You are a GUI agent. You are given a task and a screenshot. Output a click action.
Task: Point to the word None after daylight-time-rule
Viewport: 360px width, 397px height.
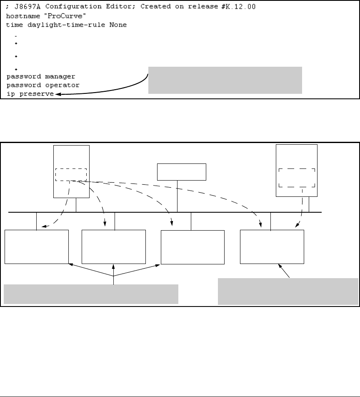point(118,25)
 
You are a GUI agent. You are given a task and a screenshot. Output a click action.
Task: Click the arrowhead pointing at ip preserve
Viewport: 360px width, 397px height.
point(57,95)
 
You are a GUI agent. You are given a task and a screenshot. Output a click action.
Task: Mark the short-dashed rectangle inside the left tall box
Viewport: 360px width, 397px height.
point(71,174)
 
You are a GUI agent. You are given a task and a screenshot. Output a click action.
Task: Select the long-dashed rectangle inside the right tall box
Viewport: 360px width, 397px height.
point(297,178)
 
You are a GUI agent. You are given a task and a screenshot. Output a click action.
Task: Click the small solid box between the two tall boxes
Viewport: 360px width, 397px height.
point(182,171)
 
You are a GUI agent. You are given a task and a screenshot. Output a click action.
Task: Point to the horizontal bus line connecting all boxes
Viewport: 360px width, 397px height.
point(167,212)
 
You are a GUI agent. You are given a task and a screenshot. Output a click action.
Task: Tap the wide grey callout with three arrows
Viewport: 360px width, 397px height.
point(91,294)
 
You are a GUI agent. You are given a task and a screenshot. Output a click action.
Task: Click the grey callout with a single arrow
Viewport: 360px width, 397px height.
point(288,291)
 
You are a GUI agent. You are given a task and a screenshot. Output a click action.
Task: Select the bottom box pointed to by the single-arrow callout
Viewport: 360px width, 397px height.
point(272,246)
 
